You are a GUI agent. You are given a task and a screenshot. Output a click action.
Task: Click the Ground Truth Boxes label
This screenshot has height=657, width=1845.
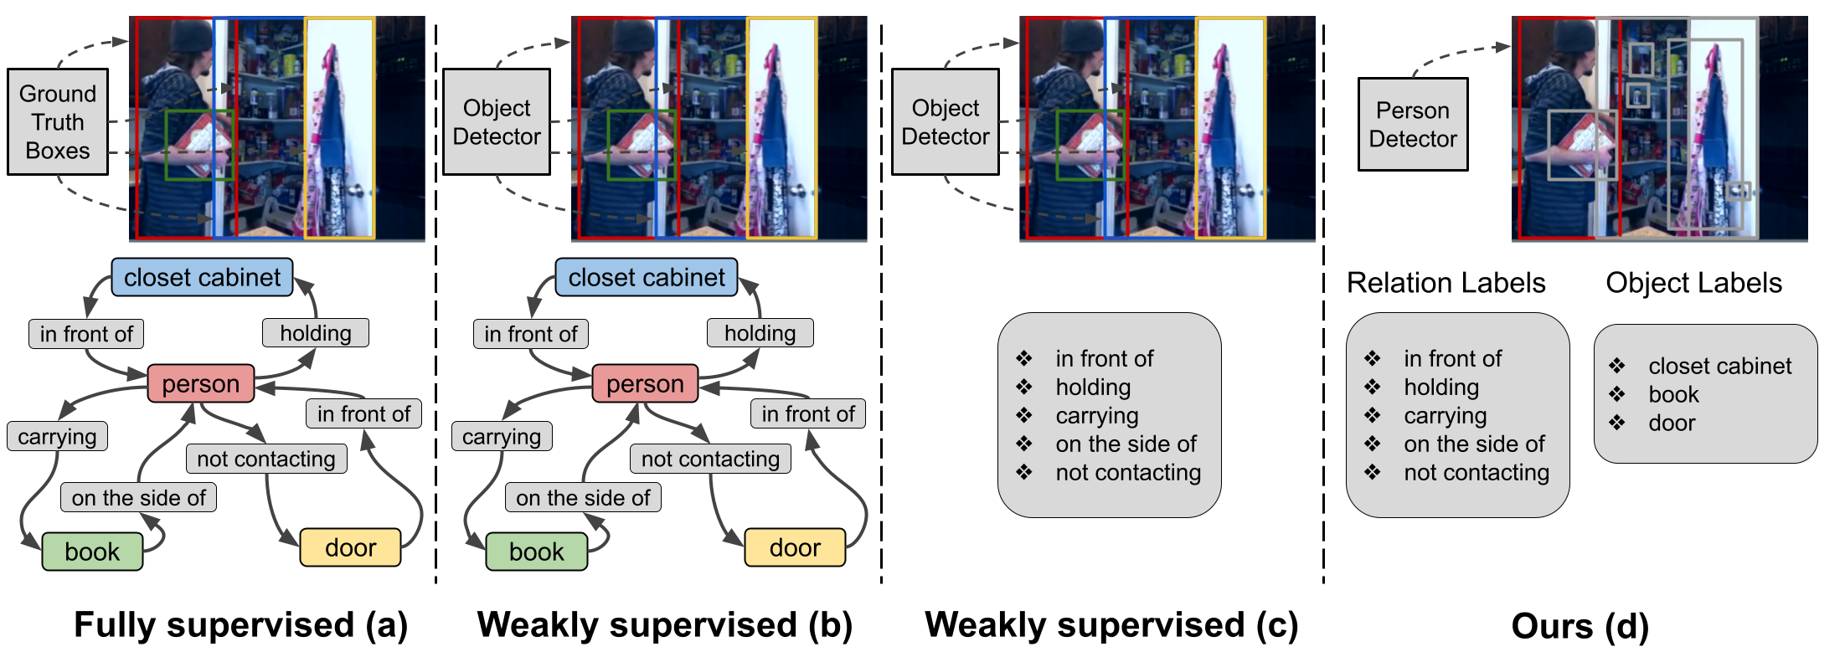tap(57, 122)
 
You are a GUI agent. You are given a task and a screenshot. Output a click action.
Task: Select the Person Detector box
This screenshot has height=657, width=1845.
tap(1412, 125)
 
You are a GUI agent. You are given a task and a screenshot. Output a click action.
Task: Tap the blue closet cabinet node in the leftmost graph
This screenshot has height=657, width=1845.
tap(202, 277)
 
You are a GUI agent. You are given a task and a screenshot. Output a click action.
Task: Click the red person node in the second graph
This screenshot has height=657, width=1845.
tap(645, 383)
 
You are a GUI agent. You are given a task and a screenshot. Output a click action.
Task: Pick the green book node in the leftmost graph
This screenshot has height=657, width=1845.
tap(92, 552)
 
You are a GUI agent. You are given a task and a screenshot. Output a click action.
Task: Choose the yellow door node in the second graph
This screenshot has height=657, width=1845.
tap(794, 547)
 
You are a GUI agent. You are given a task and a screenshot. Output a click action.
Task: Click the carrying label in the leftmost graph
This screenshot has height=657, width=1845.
tap(57, 436)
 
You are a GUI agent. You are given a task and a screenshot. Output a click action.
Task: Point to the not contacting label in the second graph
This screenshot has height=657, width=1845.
tap(710, 459)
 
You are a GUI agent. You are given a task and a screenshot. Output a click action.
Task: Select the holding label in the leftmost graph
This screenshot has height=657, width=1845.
tap(315, 333)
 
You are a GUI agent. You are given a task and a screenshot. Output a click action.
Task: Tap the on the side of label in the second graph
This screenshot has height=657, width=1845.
tap(583, 498)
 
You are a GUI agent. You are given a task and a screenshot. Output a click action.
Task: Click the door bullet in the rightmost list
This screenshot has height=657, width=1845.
tap(1672, 423)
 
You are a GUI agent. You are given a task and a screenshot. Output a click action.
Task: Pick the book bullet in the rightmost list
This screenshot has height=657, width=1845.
tap(1673, 395)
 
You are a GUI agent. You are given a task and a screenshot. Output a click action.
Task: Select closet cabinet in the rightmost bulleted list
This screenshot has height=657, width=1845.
tap(1719, 366)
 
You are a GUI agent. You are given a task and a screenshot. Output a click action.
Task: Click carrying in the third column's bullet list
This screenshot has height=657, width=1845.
tap(1097, 416)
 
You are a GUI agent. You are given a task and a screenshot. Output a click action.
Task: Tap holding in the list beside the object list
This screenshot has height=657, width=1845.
tap(1441, 388)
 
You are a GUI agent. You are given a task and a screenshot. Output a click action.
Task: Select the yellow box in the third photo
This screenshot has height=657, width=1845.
tap(1229, 127)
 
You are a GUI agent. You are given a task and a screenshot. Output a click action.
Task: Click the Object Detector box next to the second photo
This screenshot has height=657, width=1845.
tap(497, 122)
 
